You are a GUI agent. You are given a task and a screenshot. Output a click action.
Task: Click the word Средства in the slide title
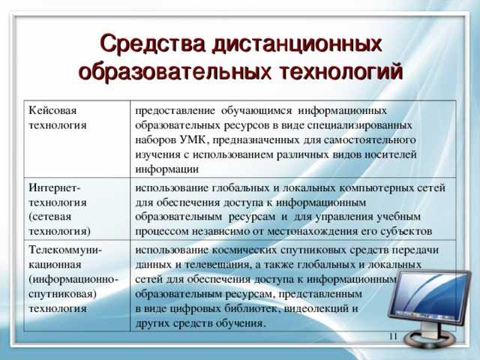coord(152,44)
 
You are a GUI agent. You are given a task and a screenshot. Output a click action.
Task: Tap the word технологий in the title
coord(341,72)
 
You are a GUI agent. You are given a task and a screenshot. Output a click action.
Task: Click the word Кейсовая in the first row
coord(52,110)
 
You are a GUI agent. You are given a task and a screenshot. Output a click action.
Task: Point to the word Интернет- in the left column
coord(55,187)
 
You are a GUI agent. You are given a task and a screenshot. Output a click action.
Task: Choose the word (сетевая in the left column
coord(50,217)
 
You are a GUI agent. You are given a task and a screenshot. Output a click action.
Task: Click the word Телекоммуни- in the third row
coord(65,250)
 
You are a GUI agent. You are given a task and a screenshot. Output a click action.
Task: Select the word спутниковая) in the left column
coord(62,294)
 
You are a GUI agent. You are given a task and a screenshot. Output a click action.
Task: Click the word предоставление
coord(175,110)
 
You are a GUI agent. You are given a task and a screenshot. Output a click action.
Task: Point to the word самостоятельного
coord(370,140)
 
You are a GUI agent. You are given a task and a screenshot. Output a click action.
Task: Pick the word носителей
coord(391,154)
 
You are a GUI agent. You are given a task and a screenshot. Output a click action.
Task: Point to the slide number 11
coord(393,336)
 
